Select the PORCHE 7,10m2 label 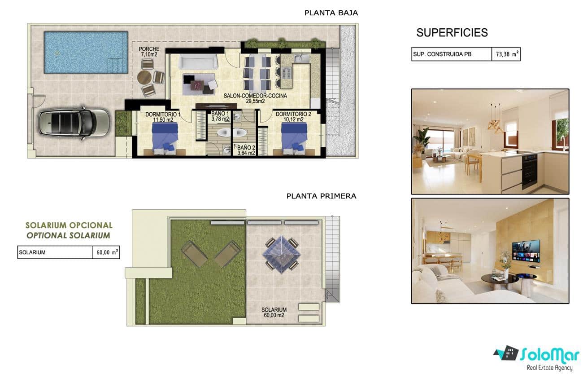149,52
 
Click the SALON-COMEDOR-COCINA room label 255,98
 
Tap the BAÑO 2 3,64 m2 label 246,150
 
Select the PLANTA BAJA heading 331,13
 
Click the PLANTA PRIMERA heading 321,196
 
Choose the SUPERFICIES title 452,32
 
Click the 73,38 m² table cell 506,54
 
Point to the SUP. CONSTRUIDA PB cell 451,54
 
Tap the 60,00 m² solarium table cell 106,252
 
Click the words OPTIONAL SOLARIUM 68,235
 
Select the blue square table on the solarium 281,254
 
